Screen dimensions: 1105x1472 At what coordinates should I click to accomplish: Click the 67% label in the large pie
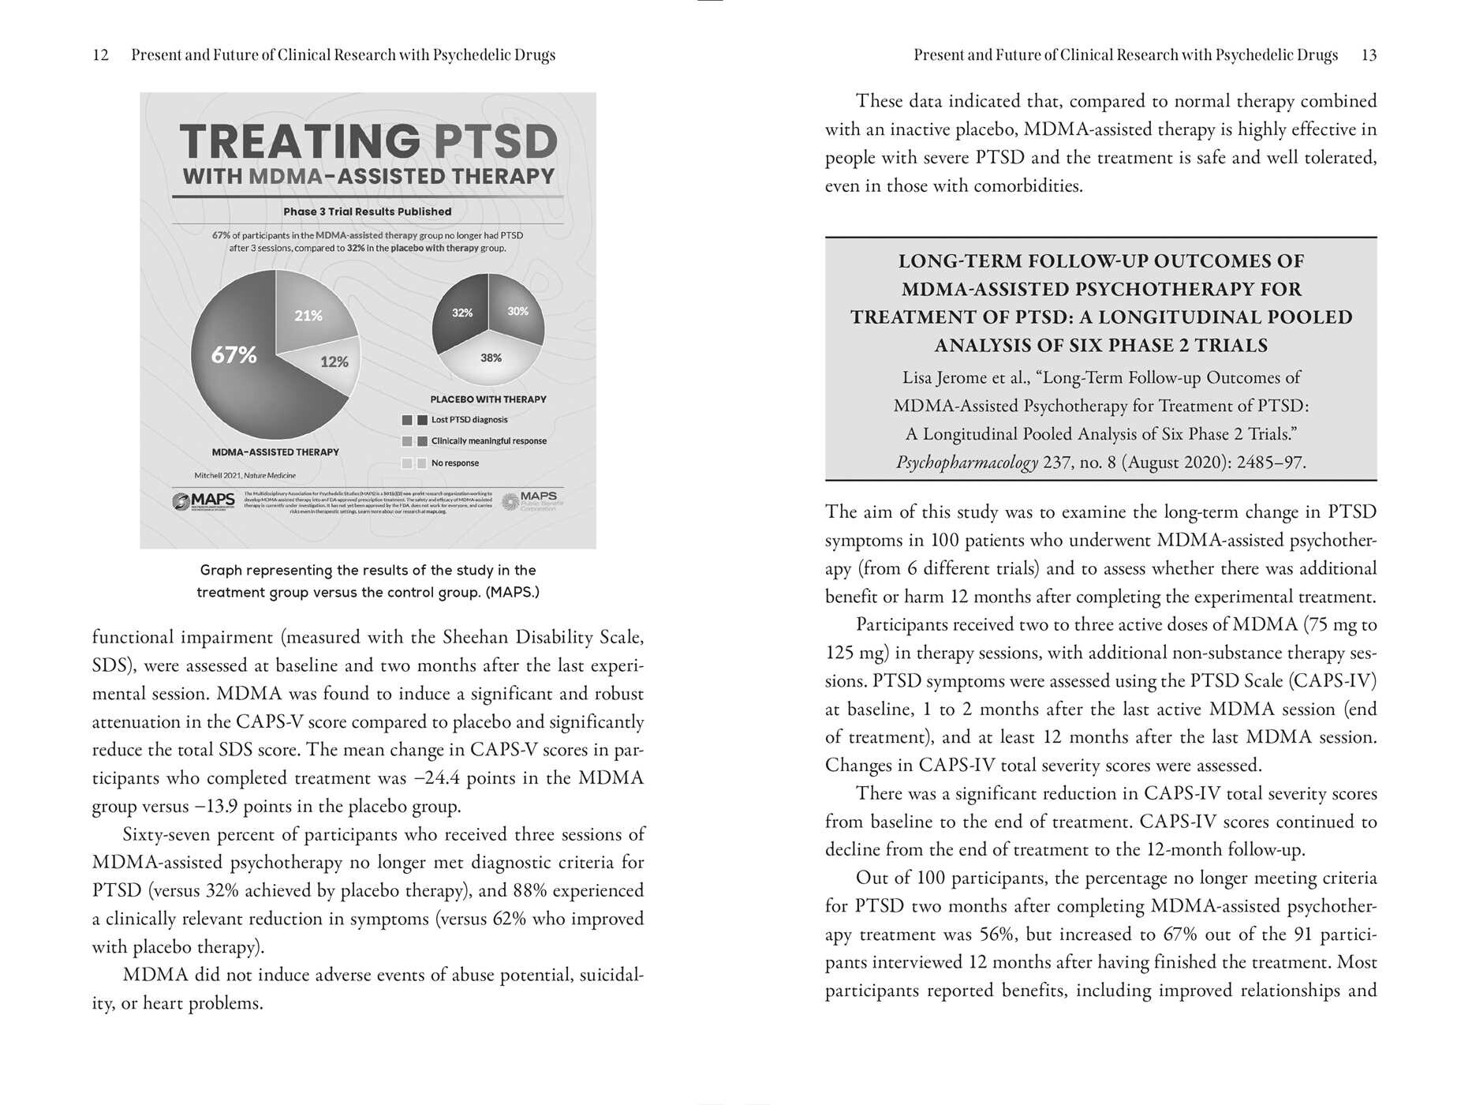pos(234,355)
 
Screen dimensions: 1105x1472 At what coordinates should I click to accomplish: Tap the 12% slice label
pos(334,361)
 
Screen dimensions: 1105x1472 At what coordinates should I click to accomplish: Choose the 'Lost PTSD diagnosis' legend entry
pos(469,420)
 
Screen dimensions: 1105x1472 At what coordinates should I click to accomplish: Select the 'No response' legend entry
pos(454,463)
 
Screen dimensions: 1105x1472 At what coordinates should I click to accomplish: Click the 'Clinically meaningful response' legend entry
pos(488,441)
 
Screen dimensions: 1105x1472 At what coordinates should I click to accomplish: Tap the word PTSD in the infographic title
pos(495,142)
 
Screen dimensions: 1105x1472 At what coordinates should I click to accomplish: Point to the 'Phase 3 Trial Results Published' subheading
pos(368,212)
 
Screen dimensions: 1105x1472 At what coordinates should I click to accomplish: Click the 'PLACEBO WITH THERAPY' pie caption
pos(488,399)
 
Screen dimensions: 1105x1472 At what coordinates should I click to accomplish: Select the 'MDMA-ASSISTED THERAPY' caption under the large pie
pos(275,452)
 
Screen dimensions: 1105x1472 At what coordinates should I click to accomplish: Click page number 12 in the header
pos(100,55)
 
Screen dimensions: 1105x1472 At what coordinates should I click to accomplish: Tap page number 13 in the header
pos(1369,55)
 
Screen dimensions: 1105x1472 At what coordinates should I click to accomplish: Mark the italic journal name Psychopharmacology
pos(967,463)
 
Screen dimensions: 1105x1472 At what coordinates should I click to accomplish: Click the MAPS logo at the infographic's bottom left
pos(204,501)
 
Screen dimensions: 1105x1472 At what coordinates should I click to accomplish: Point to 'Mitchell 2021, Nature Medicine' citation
pos(245,475)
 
